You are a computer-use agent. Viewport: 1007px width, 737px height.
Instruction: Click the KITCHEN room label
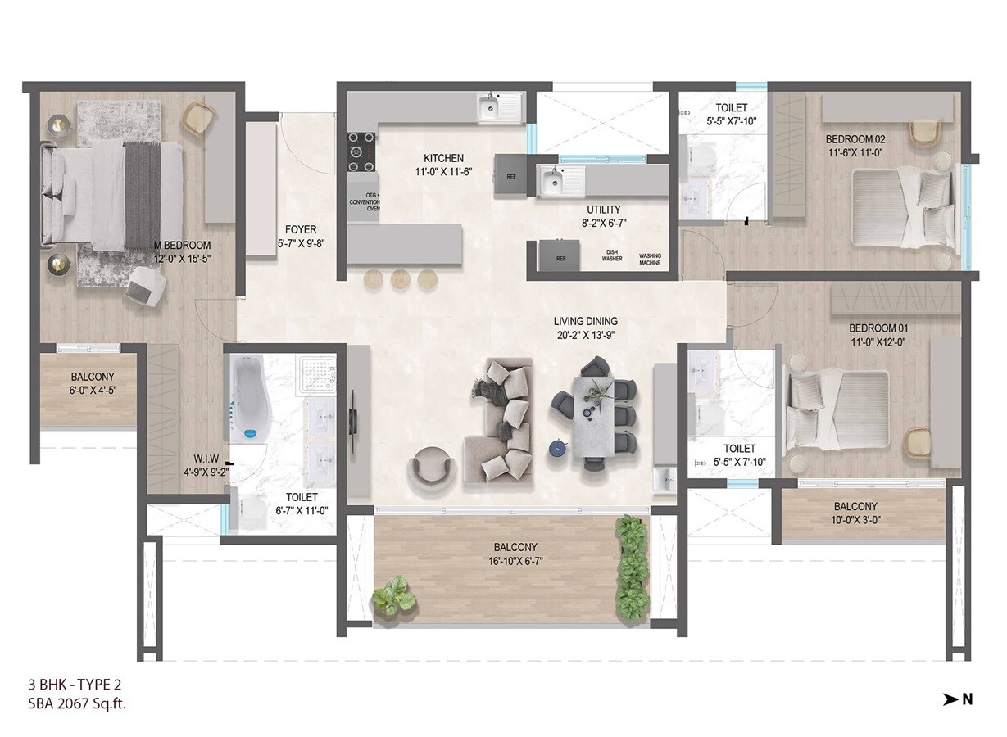443,158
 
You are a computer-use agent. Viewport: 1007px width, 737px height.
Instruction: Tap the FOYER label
301,230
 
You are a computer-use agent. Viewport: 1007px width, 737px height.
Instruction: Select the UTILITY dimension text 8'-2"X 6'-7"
601,222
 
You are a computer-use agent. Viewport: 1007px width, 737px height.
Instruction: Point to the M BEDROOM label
182,245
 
